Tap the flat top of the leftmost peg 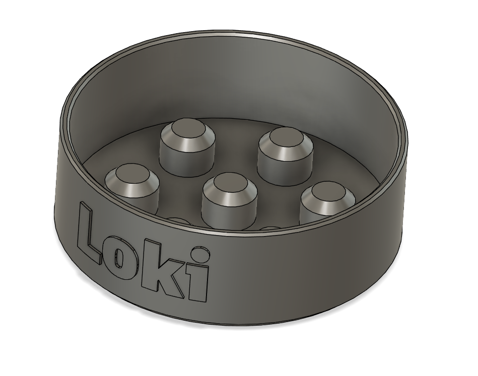131,175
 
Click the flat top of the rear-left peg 187,128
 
